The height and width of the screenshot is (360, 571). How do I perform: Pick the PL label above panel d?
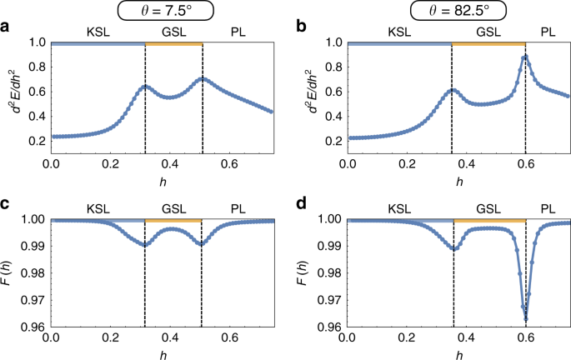pyautogui.click(x=548, y=209)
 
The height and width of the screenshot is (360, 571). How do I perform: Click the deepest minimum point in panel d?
pyautogui.click(x=526, y=319)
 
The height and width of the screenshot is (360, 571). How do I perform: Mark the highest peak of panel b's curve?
pyautogui.click(x=525, y=57)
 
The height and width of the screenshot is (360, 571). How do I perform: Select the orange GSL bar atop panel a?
pyautogui.click(x=173, y=42)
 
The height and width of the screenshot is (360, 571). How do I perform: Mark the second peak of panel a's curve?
pyautogui.click(x=203, y=79)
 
